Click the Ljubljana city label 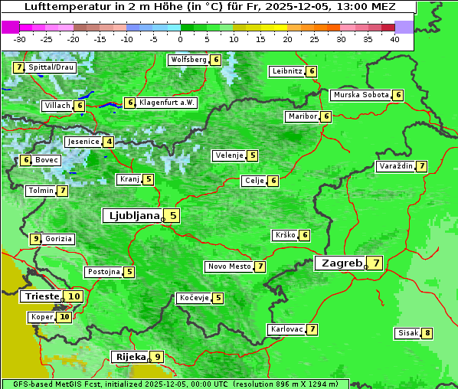tap(132, 216)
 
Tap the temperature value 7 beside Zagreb tap(376, 263)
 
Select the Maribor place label tap(302, 116)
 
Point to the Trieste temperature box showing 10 tap(74, 296)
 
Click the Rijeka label tap(129, 357)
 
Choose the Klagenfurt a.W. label tap(167, 103)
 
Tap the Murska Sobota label tap(361, 95)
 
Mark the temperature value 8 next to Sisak tap(427, 333)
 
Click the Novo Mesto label tap(229, 266)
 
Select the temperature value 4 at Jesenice tap(110, 142)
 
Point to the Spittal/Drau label tap(51, 67)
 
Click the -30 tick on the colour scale tap(20, 39)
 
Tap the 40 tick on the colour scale tap(394, 39)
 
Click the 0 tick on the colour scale tap(181, 39)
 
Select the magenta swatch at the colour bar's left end tap(11, 27)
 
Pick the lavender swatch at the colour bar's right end tap(404, 27)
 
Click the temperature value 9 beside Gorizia tap(35, 239)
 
